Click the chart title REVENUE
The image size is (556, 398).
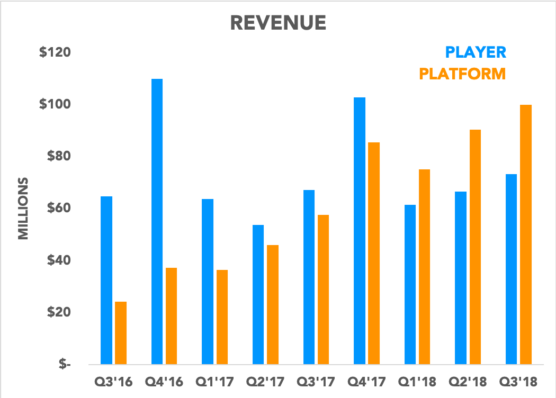278,23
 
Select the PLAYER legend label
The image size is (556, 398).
476,52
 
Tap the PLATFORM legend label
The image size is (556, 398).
462,74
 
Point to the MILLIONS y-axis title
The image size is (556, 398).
23,208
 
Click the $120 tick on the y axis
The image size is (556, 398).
55,53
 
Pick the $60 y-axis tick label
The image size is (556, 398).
58,208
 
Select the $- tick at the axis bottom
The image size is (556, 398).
64,364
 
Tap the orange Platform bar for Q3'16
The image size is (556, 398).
121,333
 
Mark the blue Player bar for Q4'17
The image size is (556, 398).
360,231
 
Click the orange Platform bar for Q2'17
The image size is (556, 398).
272,304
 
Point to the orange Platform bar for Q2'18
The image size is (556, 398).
475,247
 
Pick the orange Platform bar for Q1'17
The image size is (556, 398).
222,317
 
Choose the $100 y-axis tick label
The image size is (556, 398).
55,104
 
